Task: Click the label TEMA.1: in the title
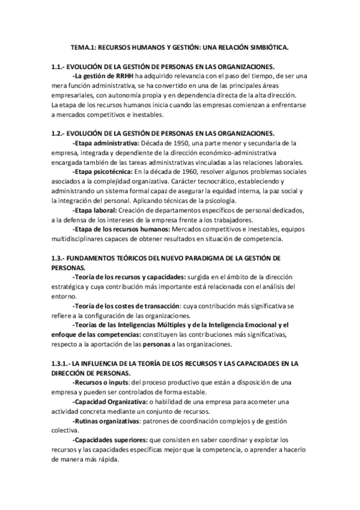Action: coord(83,46)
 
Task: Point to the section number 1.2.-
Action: coord(59,133)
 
